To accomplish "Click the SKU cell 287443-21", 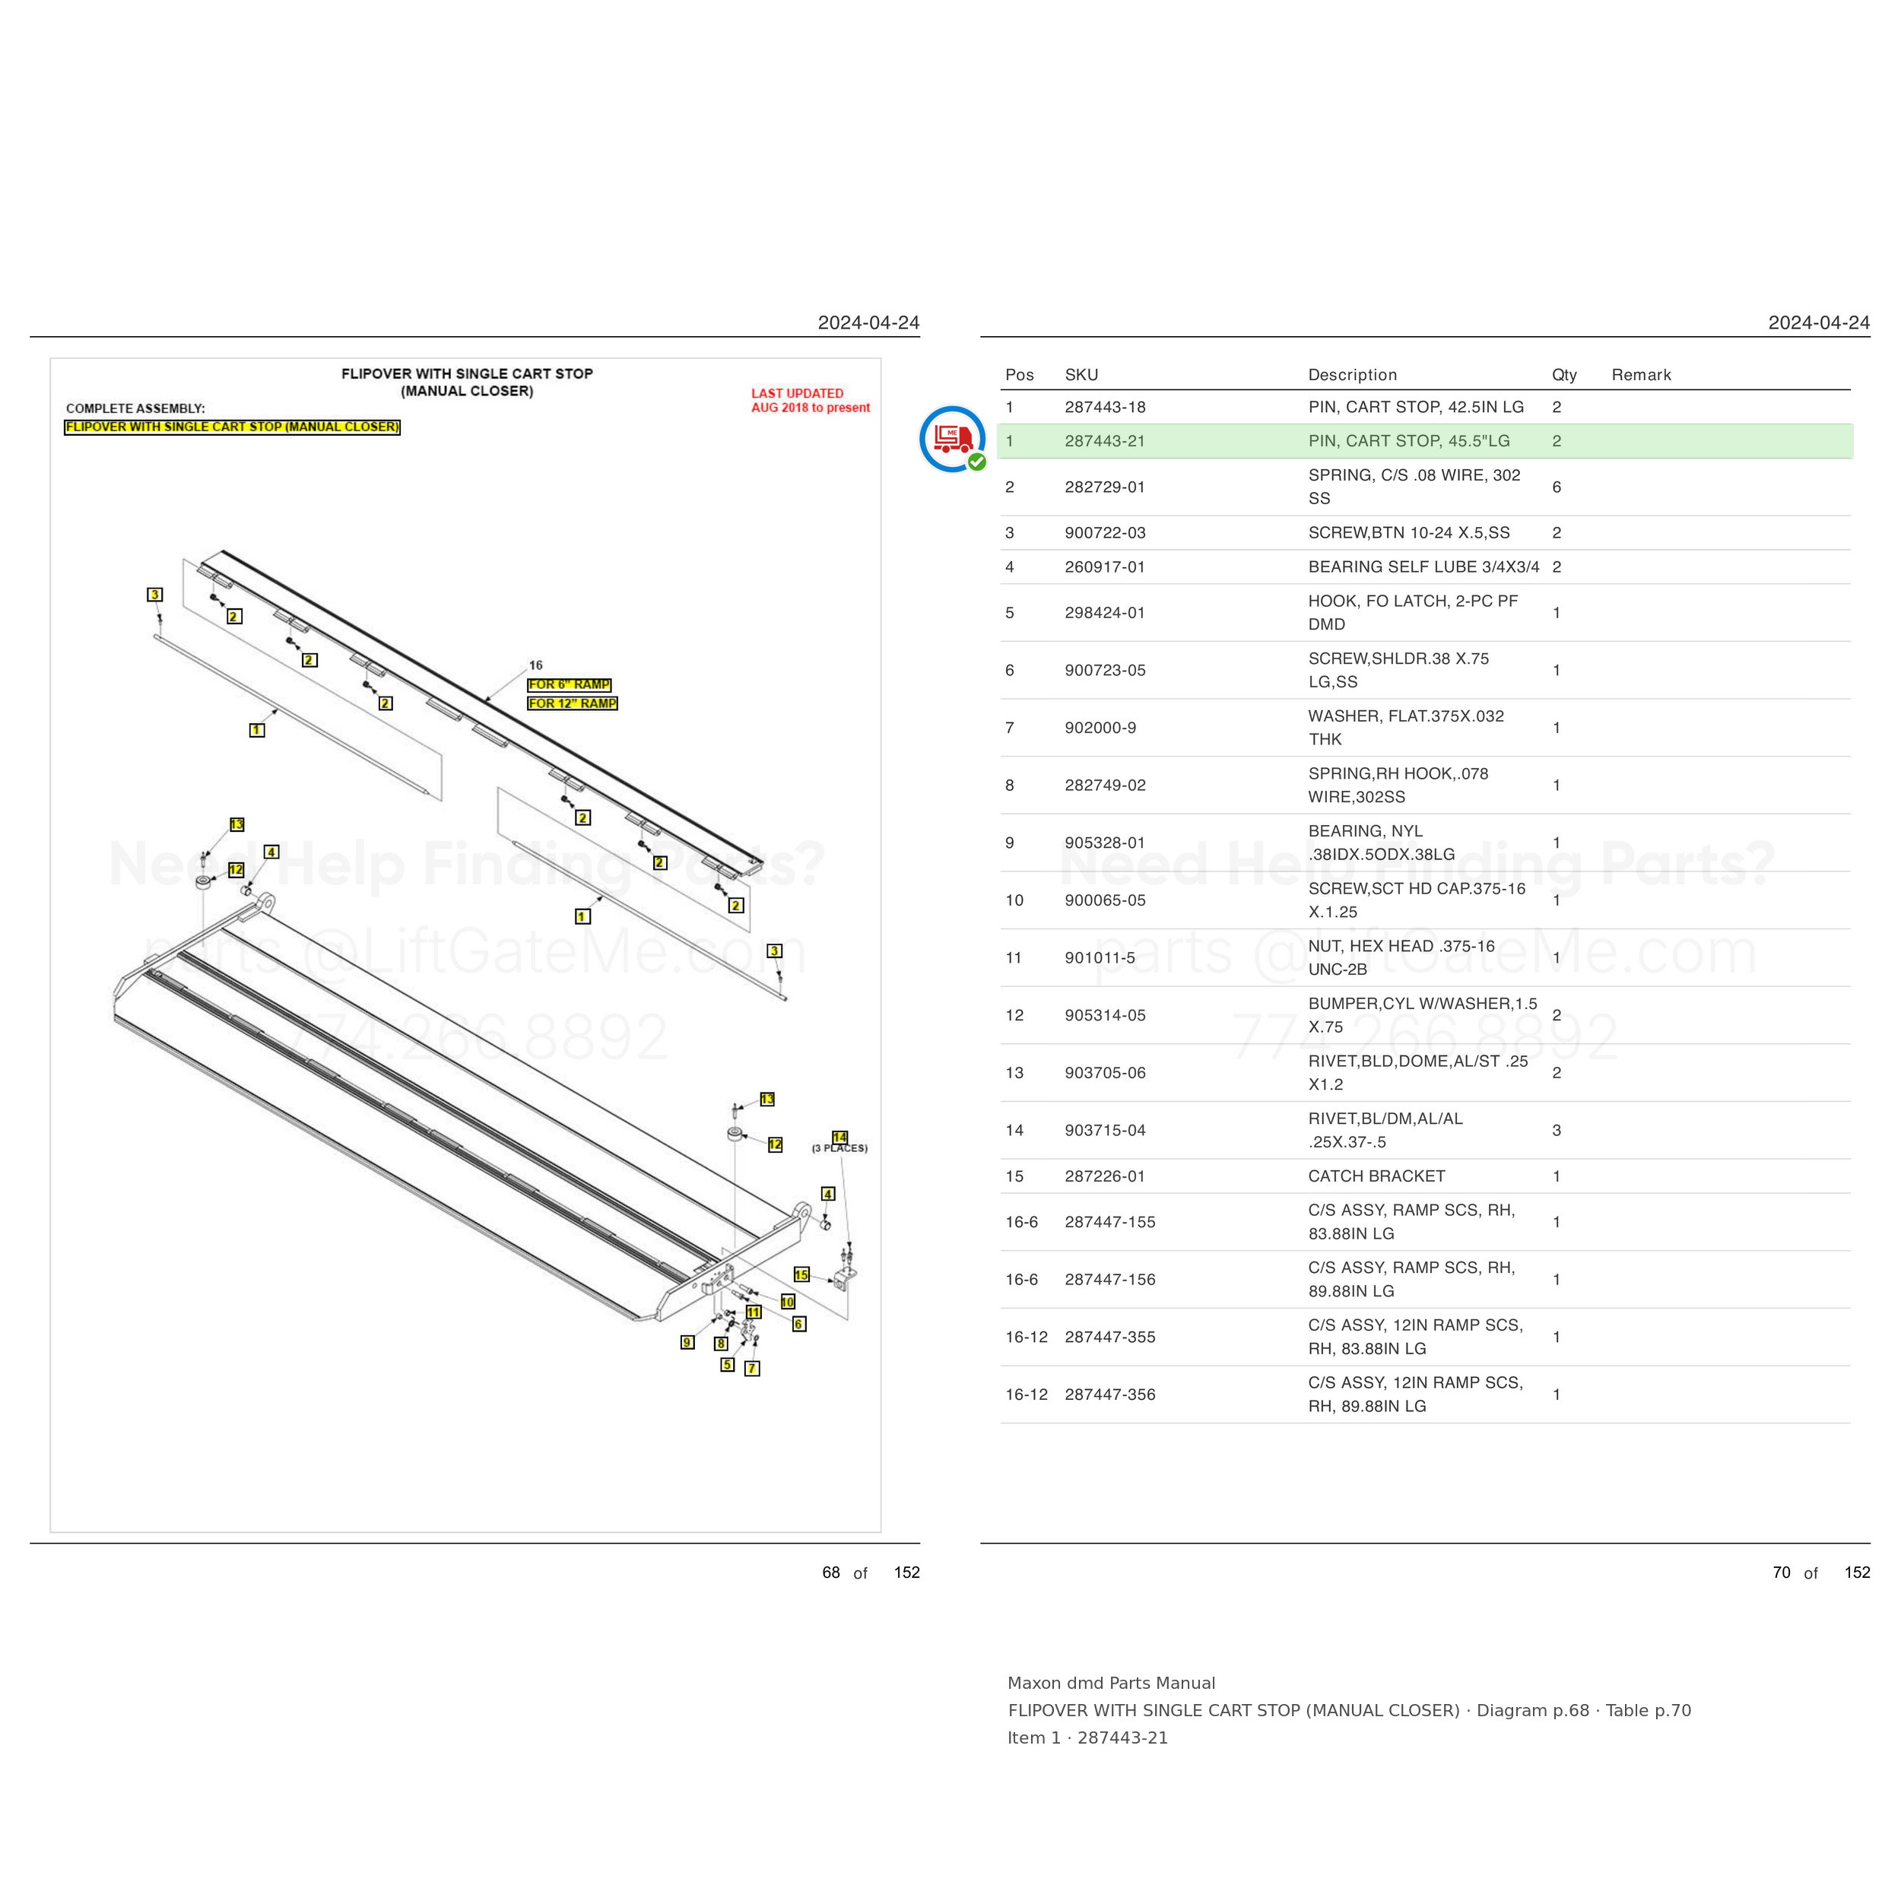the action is pos(1104,441).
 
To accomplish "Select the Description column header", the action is pos(1352,375).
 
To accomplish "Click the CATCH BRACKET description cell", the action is pos(1376,1176).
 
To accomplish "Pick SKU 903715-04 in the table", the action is pos(1104,1130).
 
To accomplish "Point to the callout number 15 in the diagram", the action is pos(801,1275).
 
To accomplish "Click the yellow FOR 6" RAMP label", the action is pos(569,685).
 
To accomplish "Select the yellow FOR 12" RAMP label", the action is pos(572,703).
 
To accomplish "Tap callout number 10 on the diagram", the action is pos(787,1302).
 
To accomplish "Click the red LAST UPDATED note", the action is pos(811,401).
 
